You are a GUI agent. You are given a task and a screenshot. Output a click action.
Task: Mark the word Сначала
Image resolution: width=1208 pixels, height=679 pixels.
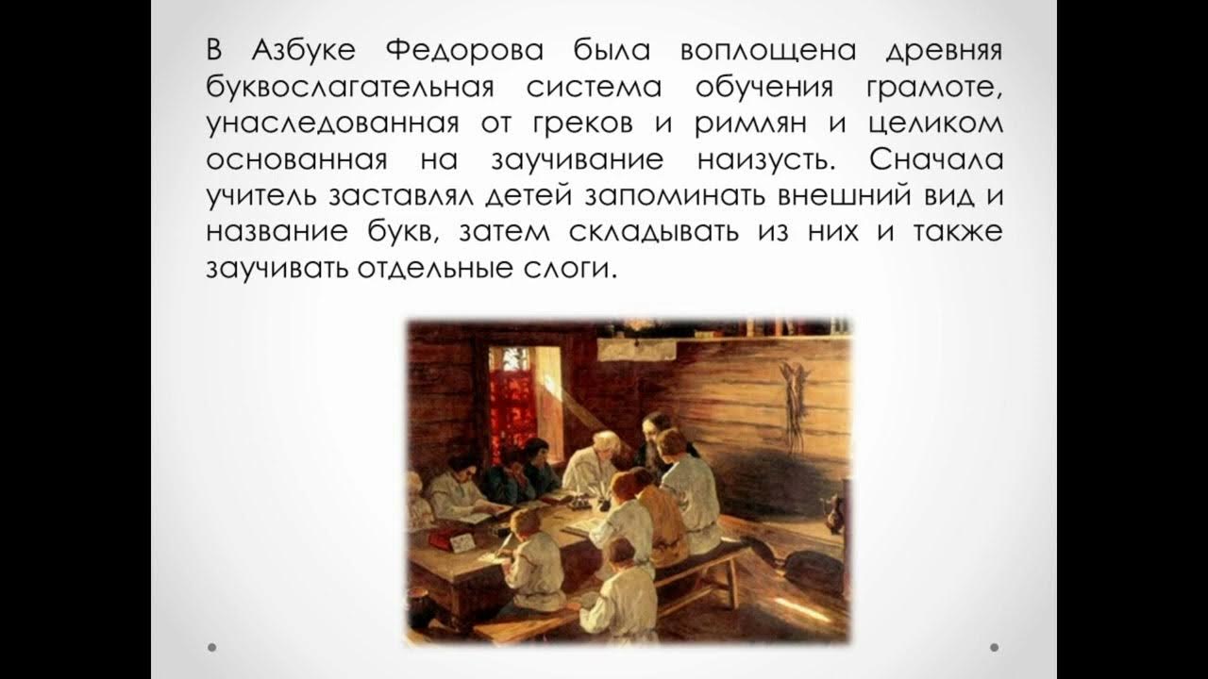coord(936,159)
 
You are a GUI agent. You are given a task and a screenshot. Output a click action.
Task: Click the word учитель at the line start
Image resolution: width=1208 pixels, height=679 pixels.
coord(260,195)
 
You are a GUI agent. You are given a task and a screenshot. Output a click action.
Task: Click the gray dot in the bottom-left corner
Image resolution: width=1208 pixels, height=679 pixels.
coord(212,647)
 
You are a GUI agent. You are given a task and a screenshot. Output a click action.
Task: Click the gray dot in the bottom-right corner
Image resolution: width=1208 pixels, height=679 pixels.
coord(995,647)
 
